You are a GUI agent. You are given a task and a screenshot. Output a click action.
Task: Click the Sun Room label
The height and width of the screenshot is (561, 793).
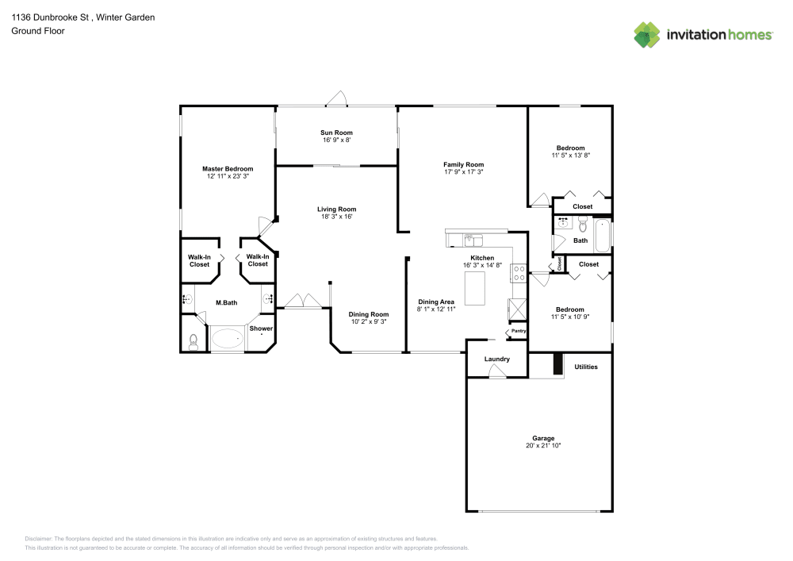point(336,133)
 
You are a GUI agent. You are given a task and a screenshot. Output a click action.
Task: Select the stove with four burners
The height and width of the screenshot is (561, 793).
point(519,273)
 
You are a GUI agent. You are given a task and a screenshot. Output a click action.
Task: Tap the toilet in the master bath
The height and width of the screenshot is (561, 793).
point(193,342)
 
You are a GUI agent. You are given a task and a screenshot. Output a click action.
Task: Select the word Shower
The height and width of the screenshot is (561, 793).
point(261,329)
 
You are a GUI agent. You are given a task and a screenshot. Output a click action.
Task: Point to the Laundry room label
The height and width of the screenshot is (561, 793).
point(496,359)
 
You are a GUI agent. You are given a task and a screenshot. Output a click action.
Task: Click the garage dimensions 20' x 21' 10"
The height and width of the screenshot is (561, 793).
point(543,446)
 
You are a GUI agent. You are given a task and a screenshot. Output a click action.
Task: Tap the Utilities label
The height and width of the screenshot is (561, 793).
point(586,367)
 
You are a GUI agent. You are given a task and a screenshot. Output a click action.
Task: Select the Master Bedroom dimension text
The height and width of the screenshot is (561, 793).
point(227,176)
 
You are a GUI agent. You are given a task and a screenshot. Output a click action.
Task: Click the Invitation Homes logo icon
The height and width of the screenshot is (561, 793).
point(647,35)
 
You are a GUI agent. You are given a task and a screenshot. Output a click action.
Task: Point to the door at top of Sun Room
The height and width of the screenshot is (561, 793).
point(337,99)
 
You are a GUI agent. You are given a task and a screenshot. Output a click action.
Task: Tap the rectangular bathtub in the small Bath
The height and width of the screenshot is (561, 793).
point(602,235)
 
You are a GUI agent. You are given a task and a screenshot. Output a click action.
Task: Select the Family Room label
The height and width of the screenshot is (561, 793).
point(463,164)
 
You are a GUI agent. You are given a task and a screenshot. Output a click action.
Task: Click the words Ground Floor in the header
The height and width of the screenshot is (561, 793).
point(38,31)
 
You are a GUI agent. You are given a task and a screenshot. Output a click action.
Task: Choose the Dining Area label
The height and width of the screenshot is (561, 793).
point(435,302)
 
